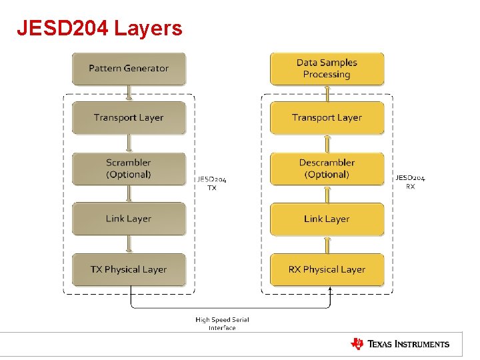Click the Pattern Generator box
coord(129,69)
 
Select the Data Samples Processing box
coord(327,69)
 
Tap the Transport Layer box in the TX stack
coord(129,118)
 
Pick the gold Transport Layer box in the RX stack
coord(327,118)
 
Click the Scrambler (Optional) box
coord(129,169)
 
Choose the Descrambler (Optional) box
coord(327,169)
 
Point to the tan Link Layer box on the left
coord(129,219)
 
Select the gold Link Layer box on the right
coord(327,219)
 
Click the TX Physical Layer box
coord(129,269)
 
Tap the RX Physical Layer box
coord(327,269)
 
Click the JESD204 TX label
coord(211,183)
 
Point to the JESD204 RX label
coord(410,182)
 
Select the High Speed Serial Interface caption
coord(222,323)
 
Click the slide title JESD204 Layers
coord(99,29)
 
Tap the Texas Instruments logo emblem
coord(357,344)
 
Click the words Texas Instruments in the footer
coord(409,344)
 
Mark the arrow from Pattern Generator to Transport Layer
coord(129,93)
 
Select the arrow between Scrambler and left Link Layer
coord(129,194)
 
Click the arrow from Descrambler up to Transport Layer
coord(327,143)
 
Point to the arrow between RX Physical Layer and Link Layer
coord(327,244)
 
